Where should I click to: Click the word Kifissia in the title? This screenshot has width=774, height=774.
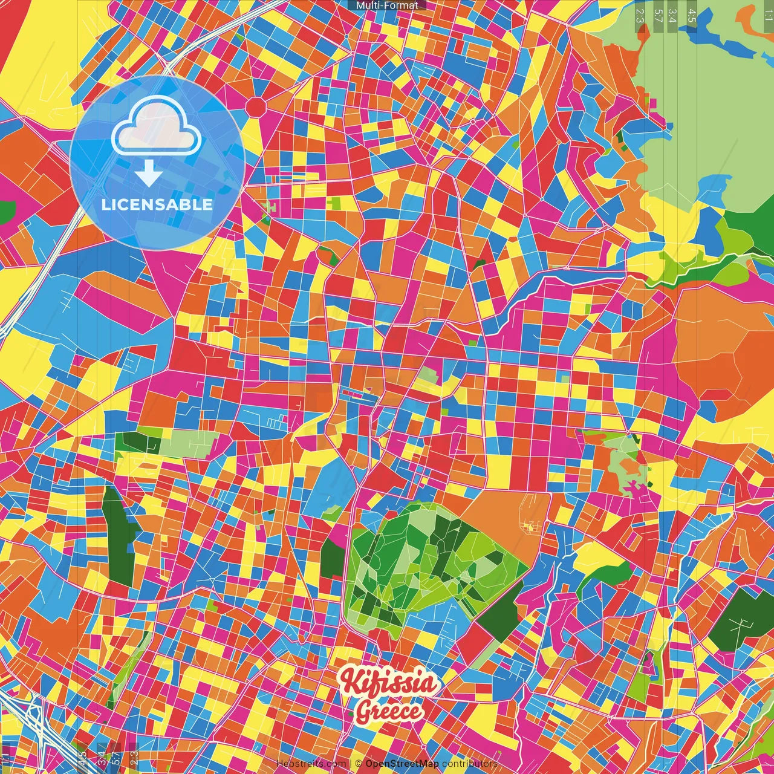coord(388,683)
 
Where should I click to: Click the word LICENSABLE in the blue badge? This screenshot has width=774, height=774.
coord(157,204)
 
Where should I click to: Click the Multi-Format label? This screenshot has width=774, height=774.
coord(387,5)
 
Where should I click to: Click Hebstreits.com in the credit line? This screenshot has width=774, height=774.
coord(311,764)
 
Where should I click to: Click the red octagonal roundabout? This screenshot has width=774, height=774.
coord(256,108)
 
